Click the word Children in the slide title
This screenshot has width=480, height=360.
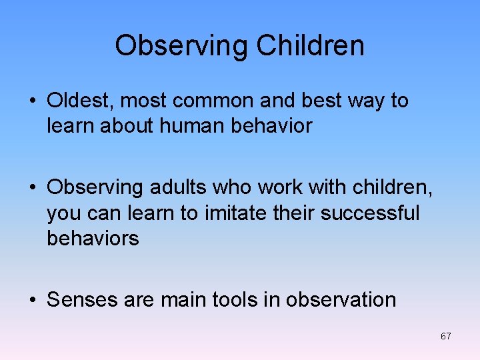click(311, 46)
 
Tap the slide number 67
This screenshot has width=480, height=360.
click(446, 336)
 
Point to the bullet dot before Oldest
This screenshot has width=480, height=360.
click(33, 101)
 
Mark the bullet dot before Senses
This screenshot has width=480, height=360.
click(33, 301)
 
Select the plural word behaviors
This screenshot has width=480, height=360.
click(93, 238)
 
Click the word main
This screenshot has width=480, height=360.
click(183, 300)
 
